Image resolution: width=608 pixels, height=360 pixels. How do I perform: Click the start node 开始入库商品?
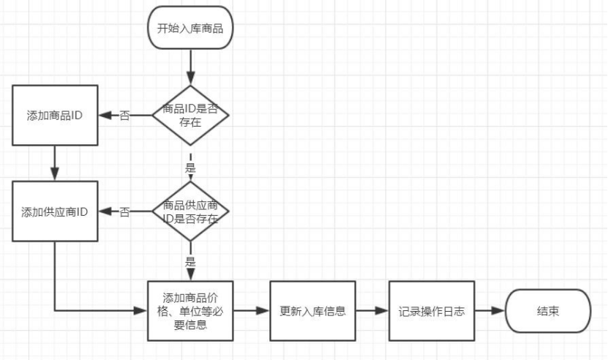pyautogui.click(x=190, y=29)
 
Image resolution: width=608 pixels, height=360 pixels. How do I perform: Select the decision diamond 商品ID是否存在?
pyautogui.click(x=190, y=114)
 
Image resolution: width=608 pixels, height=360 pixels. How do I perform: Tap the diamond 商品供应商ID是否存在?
pyautogui.click(x=190, y=211)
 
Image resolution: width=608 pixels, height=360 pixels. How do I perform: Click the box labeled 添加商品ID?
pyautogui.click(x=55, y=115)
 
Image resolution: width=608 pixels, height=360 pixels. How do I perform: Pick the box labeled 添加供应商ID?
pyautogui.click(x=55, y=212)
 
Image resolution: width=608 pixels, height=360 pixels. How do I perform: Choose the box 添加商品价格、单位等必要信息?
pyautogui.click(x=190, y=310)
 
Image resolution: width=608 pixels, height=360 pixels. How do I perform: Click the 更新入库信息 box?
pyautogui.click(x=312, y=310)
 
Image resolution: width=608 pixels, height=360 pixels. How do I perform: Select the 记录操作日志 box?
pyautogui.click(x=432, y=310)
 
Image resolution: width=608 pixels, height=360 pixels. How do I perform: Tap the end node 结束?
pyautogui.click(x=548, y=310)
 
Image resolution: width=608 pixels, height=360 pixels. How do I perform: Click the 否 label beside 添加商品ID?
pyautogui.click(x=124, y=116)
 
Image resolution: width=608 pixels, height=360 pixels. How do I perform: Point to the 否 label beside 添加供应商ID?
pyautogui.click(x=124, y=212)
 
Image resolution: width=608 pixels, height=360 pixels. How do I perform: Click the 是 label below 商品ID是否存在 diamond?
pyautogui.click(x=190, y=168)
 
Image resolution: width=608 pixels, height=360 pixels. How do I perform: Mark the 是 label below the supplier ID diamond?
pyautogui.click(x=190, y=260)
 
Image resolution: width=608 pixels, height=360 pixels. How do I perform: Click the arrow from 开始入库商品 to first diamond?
pyautogui.click(x=190, y=70)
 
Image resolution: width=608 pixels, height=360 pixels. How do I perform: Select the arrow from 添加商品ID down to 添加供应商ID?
pyautogui.click(x=55, y=162)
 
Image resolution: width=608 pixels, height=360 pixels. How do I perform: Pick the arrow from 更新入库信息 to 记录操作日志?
pyautogui.click(x=372, y=310)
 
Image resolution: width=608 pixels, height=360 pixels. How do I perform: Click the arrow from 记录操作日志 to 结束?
pyautogui.click(x=490, y=310)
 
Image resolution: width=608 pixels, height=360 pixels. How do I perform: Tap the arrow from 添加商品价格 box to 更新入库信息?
pyautogui.click(x=251, y=310)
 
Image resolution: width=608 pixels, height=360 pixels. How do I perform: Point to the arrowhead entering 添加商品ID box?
pyautogui.click(x=104, y=115)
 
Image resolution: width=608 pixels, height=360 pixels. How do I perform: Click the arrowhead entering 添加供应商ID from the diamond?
pyautogui.click(x=104, y=212)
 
